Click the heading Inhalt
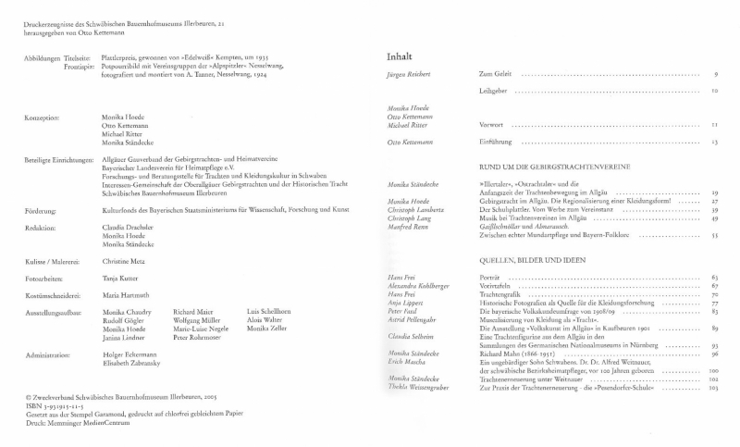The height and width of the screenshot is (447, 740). click(x=399, y=57)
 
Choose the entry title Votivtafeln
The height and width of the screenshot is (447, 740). click(x=496, y=286)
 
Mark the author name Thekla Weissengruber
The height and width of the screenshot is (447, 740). click(x=418, y=388)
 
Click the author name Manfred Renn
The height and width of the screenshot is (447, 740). click(x=407, y=227)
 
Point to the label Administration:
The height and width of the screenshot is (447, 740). click(x=49, y=355)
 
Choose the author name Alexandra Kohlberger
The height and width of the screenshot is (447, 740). click(x=419, y=286)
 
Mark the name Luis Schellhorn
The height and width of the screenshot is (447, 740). click(x=269, y=312)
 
